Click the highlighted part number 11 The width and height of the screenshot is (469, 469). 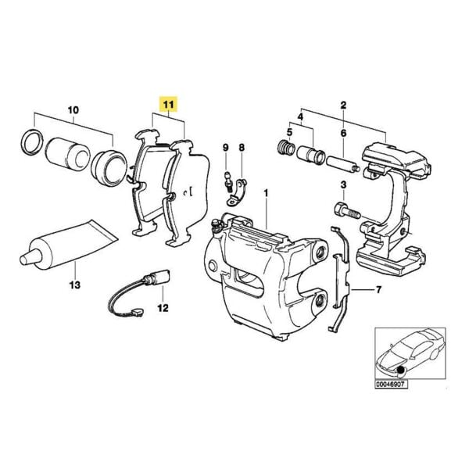(x=169, y=103)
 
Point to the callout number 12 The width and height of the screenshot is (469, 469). (x=162, y=308)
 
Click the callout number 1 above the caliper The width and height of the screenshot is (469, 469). (x=265, y=192)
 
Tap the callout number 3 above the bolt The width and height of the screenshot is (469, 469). (x=342, y=184)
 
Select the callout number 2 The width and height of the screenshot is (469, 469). (x=342, y=104)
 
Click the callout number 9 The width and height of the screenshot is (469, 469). (x=225, y=148)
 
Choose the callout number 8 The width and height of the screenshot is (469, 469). (x=242, y=148)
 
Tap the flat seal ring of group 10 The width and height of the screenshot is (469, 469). (x=31, y=143)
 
